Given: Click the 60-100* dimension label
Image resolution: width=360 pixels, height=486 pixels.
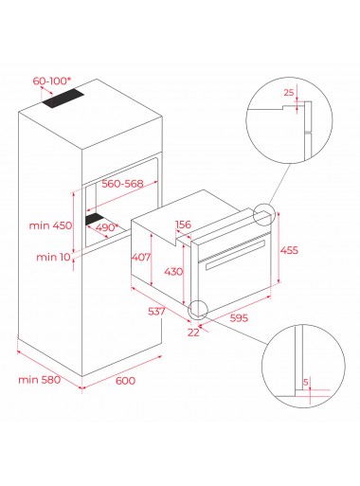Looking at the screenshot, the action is coord(52,81).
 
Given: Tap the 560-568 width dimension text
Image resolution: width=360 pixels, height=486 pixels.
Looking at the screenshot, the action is coord(122,184).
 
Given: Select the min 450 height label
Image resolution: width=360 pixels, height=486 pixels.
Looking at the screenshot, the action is coord(50,225).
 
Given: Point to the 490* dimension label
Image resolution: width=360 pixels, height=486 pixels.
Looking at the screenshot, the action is coord(106,227).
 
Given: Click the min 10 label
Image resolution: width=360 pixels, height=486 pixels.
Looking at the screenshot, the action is coord(53,257).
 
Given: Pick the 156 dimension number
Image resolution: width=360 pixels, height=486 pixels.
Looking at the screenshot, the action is coord(184,225).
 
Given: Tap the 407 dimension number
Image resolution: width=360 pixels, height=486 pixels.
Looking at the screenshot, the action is coord(141,258).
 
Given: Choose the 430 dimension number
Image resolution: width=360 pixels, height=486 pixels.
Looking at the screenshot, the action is coord(173,271).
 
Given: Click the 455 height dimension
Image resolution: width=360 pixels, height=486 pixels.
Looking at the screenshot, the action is coord(289,250).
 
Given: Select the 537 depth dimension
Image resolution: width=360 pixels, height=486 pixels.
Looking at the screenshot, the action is coord(156,312).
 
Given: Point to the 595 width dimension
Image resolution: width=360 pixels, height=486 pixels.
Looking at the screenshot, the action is coord(239,318).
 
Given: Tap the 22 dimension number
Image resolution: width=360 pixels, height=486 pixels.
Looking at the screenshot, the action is coord(193,333).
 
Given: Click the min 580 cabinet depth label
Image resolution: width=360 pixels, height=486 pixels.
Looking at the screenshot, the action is coord(40,380).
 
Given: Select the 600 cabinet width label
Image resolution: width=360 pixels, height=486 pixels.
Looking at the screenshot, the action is coord(125,381).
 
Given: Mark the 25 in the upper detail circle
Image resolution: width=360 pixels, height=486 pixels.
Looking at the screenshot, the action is coord(289,93).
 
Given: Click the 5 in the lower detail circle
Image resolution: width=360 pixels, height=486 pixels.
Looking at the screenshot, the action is coord(305,383).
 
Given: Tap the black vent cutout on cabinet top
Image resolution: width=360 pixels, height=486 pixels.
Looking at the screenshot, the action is coord(63,99).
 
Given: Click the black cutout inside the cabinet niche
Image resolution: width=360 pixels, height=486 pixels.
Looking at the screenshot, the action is coord(95,219).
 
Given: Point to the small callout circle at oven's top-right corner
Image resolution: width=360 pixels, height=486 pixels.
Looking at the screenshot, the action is coord(264,215).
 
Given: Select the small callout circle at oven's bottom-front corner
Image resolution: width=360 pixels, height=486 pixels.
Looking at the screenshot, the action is coord(197,309).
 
